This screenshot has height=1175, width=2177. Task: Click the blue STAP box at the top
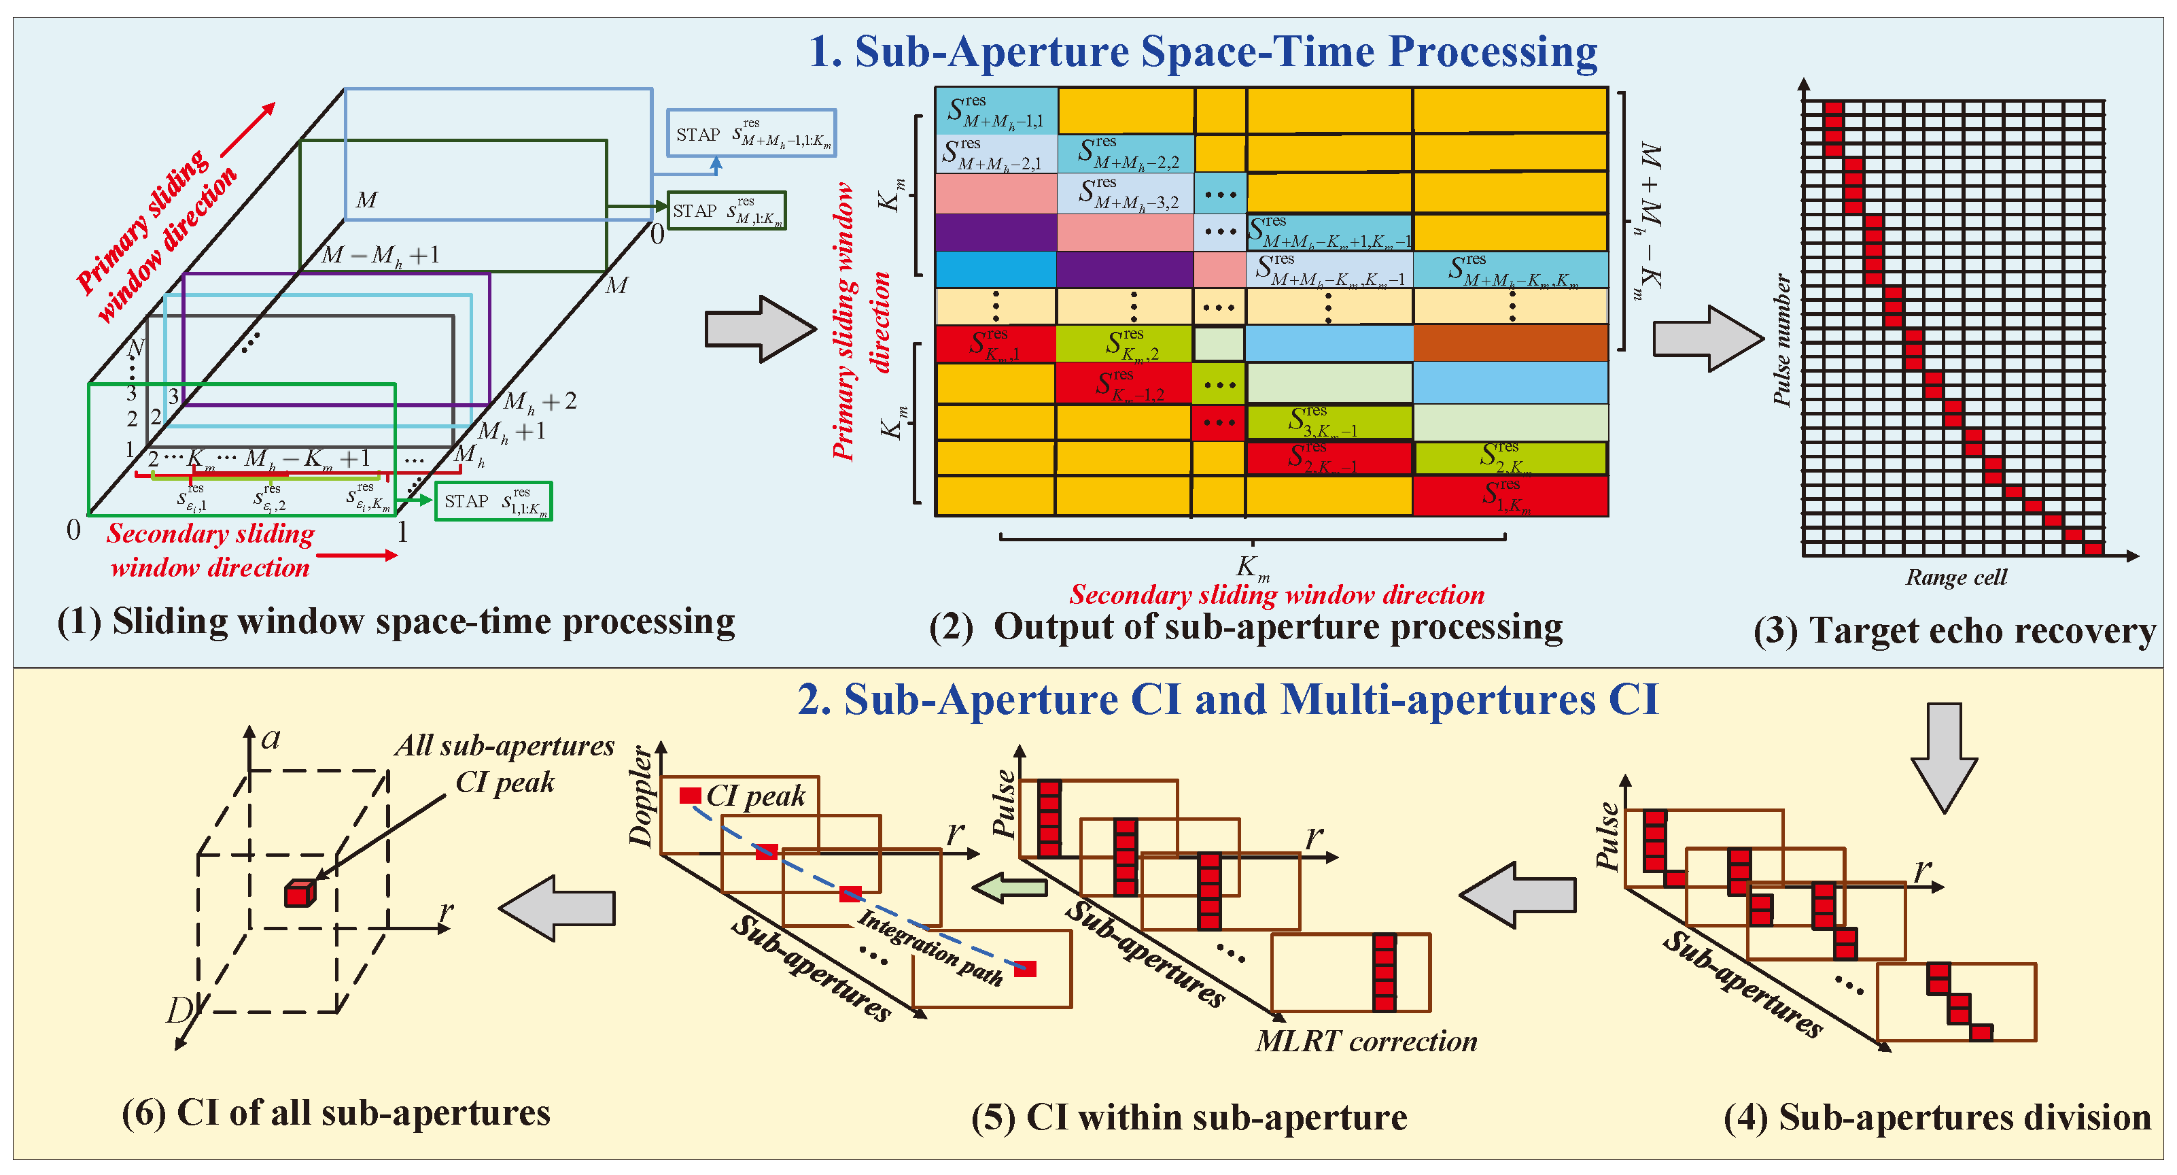[751, 133]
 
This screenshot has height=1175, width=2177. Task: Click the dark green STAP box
[727, 211]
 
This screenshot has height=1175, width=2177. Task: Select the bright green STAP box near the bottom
[493, 501]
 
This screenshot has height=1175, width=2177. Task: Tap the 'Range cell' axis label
[1955, 577]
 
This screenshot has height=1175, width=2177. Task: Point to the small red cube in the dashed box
[299, 893]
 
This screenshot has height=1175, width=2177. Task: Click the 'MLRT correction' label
[1365, 1040]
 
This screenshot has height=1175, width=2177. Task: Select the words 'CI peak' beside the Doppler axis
[756, 796]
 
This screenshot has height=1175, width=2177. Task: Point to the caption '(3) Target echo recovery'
[1954, 630]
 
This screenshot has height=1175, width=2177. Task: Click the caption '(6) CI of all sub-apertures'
[336, 1112]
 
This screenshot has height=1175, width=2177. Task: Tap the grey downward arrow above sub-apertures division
[1945, 757]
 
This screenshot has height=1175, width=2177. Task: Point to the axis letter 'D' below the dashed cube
[180, 1009]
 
